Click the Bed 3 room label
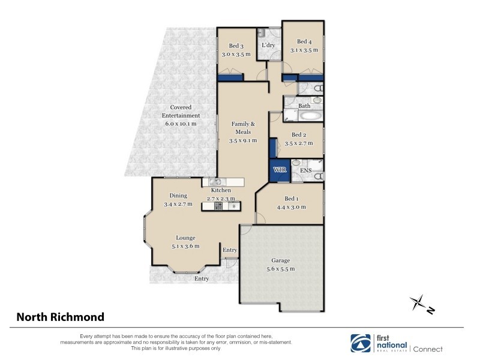[235, 46]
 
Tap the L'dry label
[268, 45]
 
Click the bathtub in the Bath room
[310, 116]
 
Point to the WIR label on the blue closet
[280, 170]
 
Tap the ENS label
[305, 170]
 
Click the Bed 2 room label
[299, 135]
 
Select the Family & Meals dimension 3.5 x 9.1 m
[243, 140]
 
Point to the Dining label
[178, 195]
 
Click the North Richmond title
[60, 317]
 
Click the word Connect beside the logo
[428, 349]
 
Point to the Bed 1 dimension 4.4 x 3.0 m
[290, 207]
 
